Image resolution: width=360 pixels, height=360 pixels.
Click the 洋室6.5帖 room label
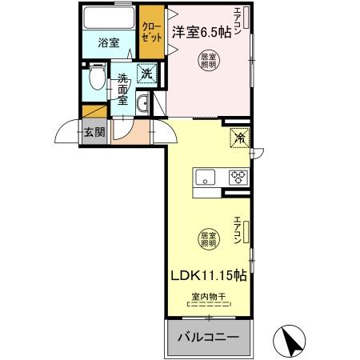(x=200, y=33)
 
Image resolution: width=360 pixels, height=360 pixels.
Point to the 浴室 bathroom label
(x=110, y=44)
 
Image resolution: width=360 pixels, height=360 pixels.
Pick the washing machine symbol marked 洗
(x=146, y=74)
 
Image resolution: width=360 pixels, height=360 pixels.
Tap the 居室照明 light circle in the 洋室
(x=209, y=60)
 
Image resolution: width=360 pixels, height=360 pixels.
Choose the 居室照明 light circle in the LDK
(x=209, y=238)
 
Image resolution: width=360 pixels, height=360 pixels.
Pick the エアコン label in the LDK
(x=238, y=230)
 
